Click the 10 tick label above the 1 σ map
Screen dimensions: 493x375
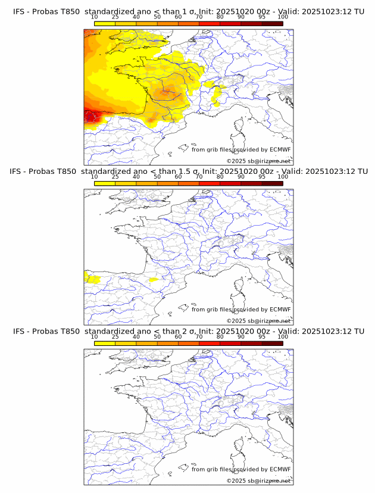pyautogui.click(x=95, y=17)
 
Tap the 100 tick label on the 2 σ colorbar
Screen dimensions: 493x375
pyautogui.click(x=283, y=337)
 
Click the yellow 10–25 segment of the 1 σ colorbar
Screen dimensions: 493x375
pyautogui.click(x=105, y=23)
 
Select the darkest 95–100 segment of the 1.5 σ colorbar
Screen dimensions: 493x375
pyautogui.click(x=272, y=183)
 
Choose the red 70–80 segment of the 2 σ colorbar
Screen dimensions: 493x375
pyautogui.click(x=210, y=344)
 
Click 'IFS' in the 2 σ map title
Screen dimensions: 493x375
pyautogui.click(x=19, y=331)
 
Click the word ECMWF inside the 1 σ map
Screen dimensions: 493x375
pyautogui.click(x=280, y=150)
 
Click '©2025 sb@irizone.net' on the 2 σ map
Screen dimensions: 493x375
pyautogui.click(x=258, y=480)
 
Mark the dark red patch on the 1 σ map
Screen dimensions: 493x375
pyautogui.click(x=91, y=116)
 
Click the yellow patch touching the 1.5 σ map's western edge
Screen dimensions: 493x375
pyautogui.click(x=91, y=277)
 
